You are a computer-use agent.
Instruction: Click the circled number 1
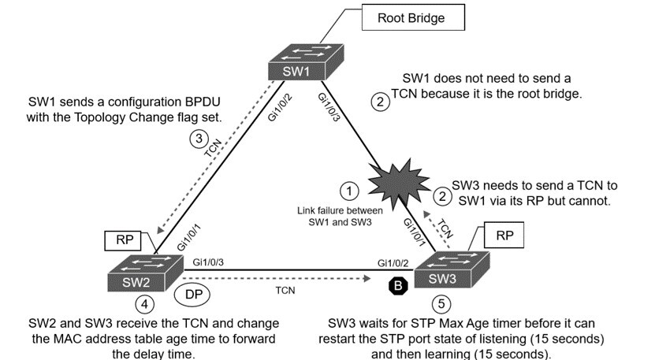coord(348,191)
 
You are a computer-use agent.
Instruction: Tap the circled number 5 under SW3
coord(441,302)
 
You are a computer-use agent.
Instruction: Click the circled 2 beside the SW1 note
coord(380,102)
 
